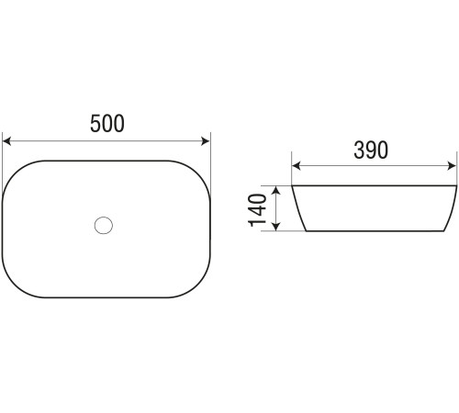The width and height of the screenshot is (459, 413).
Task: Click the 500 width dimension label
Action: tap(107, 123)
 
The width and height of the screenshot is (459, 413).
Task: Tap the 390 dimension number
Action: tap(371, 150)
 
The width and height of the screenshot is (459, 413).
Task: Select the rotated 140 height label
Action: tap(257, 210)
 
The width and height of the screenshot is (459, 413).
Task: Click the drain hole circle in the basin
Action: tap(104, 225)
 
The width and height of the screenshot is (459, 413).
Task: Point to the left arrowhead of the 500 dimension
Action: tap(6, 141)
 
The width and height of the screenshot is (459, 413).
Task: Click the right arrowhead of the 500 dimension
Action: tap(206, 141)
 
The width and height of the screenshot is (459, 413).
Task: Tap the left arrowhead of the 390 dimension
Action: tap(297, 166)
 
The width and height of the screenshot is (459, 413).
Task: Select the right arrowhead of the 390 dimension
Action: tap(452, 166)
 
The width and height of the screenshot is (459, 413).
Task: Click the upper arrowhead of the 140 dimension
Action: tap(276, 191)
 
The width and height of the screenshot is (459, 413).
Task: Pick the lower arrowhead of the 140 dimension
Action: tap(276, 226)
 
